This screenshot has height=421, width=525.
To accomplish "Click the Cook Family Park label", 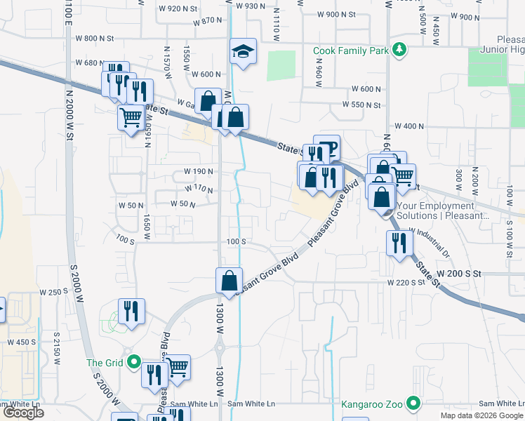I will pos(352,50).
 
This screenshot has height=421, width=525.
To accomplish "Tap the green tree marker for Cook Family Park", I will pos(399,49).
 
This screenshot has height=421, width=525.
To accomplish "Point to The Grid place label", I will pos(105,363).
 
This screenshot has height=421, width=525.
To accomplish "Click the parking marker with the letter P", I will pos(327,147).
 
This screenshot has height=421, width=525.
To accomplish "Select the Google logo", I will pos(23,413).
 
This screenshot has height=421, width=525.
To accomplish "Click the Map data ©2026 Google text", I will pos(481,415).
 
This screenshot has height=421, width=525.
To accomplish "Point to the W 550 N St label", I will pos(361,105).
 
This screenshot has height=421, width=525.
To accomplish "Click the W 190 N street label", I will pos(199,171).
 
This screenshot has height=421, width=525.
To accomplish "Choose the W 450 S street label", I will pos(21,342).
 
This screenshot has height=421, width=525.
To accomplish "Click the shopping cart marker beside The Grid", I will pos(178,366).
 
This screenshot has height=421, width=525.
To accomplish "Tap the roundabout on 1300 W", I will pos(219,346).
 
